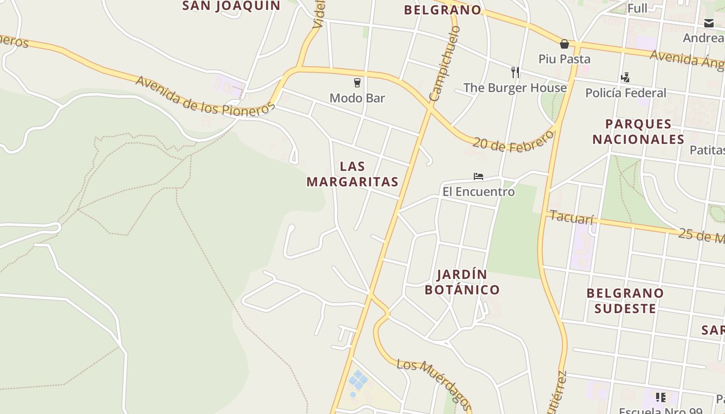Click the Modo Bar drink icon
pyautogui.click(x=357, y=82)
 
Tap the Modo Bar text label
pyautogui.click(x=357, y=98)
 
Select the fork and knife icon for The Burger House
pyautogui.click(x=515, y=72)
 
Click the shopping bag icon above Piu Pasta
pyautogui.click(x=564, y=44)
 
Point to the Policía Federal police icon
pyautogui.click(x=625, y=78)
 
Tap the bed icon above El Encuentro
pyautogui.click(x=479, y=176)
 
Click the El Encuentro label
pyautogui.click(x=479, y=192)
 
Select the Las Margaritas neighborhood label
pyautogui.click(x=353, y=174)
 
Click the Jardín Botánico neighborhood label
pyautogui.click(x=462, y=282)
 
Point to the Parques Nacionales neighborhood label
pyautogui.click(x=639, y=131)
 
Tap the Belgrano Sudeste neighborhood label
pyautogui.click(x=625, y=301)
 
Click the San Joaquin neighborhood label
pyautogui.click(x=231, y=6)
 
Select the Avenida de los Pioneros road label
pyautogui.click(x=205, y=96)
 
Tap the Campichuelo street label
pyautogui.click(x=445, y=64)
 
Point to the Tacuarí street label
pyautogui.click(x=571, y=217)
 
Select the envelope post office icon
pyautogui.click(x=708, y=23)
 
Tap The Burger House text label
pyautogui.click(x=515, y=87)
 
